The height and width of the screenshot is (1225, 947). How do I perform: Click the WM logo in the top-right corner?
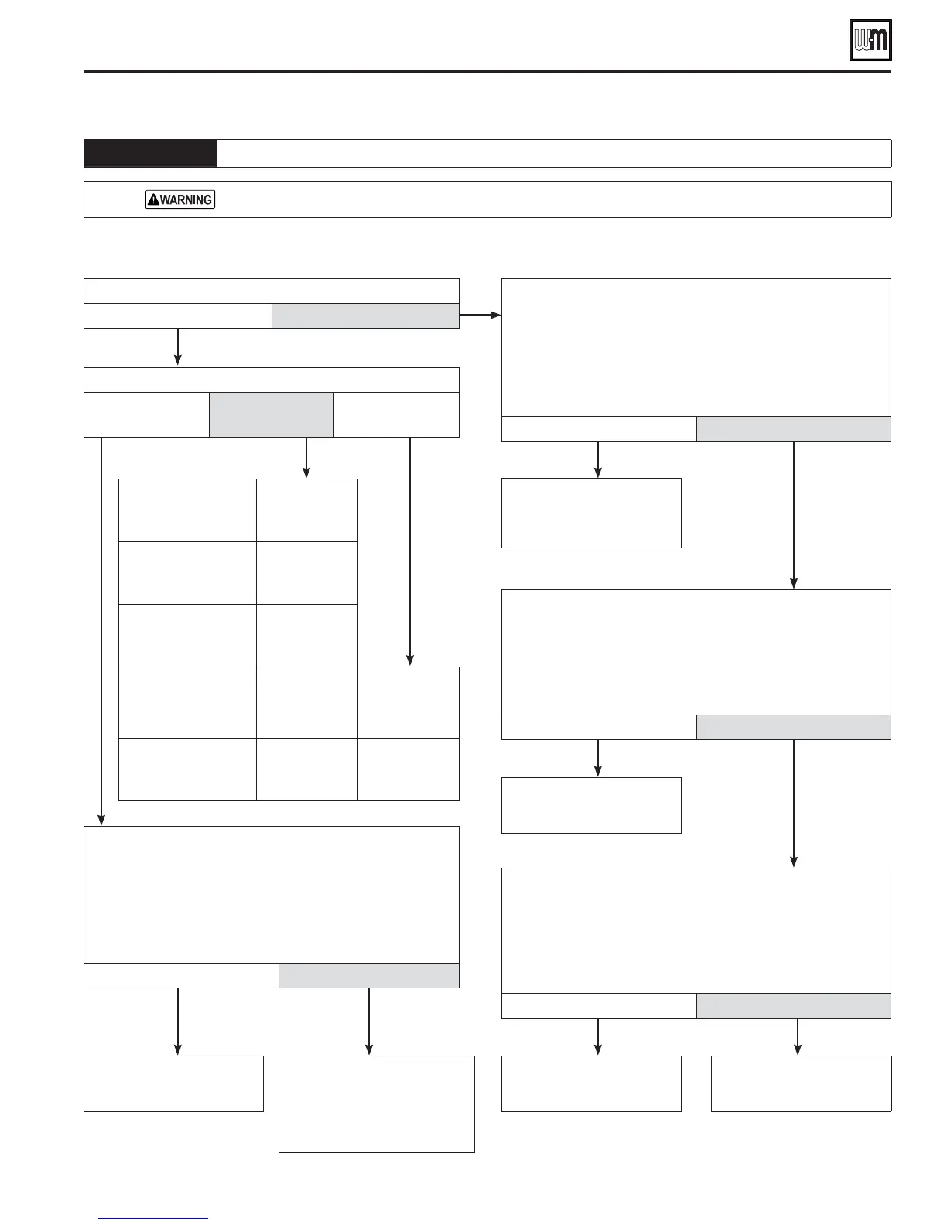870,39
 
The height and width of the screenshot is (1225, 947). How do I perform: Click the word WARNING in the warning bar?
186,200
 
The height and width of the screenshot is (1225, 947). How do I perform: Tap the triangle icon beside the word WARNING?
153,200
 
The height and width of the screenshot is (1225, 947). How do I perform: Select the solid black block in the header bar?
150,153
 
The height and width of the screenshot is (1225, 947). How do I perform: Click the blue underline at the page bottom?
154,1219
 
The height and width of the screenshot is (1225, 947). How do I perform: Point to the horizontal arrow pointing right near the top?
480,316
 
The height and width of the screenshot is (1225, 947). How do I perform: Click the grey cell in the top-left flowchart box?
365,316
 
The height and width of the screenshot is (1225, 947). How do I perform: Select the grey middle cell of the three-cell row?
272,415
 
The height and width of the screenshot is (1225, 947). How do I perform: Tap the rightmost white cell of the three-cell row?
396,415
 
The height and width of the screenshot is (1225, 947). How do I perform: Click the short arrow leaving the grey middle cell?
306,458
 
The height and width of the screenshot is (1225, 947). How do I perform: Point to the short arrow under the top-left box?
178,346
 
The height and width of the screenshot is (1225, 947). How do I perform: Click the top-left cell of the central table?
187,510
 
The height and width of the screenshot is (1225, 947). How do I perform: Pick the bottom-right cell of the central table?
409,769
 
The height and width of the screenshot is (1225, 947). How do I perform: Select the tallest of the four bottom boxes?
376,1104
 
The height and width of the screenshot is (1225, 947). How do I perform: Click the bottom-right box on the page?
801,1083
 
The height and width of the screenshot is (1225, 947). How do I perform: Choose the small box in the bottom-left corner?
173,1083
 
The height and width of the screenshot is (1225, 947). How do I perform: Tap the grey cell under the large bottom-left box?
368,975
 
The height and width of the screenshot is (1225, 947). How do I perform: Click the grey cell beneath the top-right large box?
793,428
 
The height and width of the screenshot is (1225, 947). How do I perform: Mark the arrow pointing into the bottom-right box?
797,1036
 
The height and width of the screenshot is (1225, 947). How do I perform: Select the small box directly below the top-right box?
591,513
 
